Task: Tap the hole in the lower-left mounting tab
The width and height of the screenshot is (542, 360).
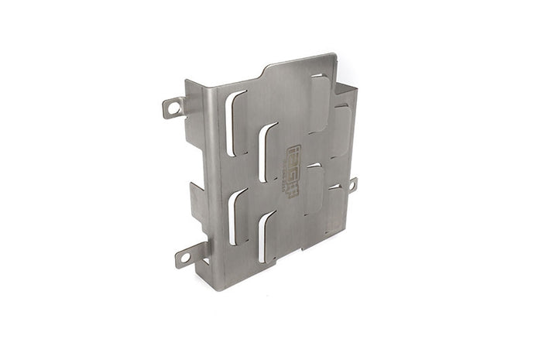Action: point(184,256)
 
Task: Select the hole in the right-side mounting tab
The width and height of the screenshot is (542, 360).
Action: point(352,185)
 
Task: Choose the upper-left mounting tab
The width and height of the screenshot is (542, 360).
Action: point(174,107)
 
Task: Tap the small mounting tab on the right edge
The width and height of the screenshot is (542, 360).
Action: point(352,184)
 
